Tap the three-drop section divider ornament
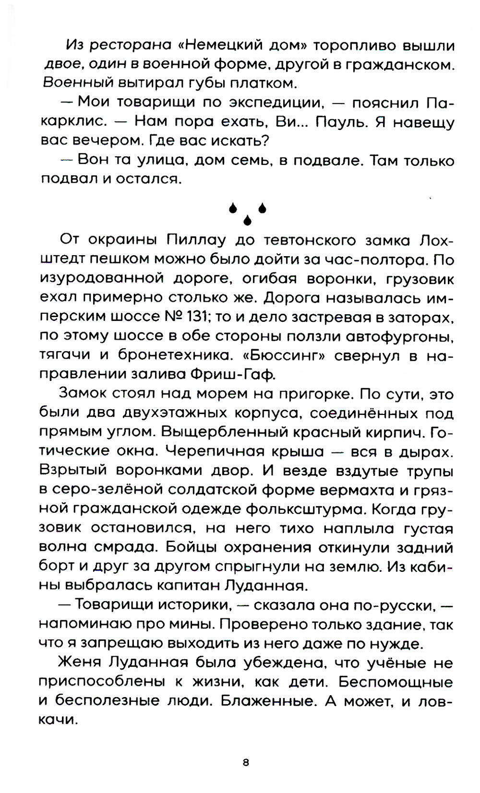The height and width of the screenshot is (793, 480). [x=247, y=213]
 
